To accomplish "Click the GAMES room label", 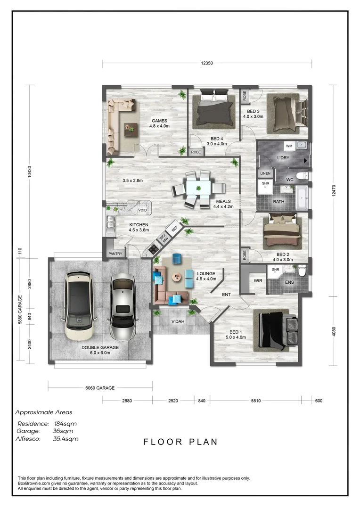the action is (159, 121).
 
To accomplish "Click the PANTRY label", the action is (115, 254).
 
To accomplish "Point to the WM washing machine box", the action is (289, 146).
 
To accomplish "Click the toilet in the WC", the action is (302, 175).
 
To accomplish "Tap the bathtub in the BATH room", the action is (302, 197).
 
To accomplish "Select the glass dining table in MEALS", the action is (198, 188).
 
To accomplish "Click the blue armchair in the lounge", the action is (177, 258).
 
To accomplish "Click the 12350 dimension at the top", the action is (207, 63).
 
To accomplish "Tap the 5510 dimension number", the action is (256, 401).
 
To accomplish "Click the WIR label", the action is (258, 281).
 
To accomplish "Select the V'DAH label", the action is (178, 321).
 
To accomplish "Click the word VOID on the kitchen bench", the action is (142, 210).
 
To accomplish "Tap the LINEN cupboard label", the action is (265, 173).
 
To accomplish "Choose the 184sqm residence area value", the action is (65, 424).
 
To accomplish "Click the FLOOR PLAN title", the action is (180, 442).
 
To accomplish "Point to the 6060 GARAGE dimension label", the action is (100, 387).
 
